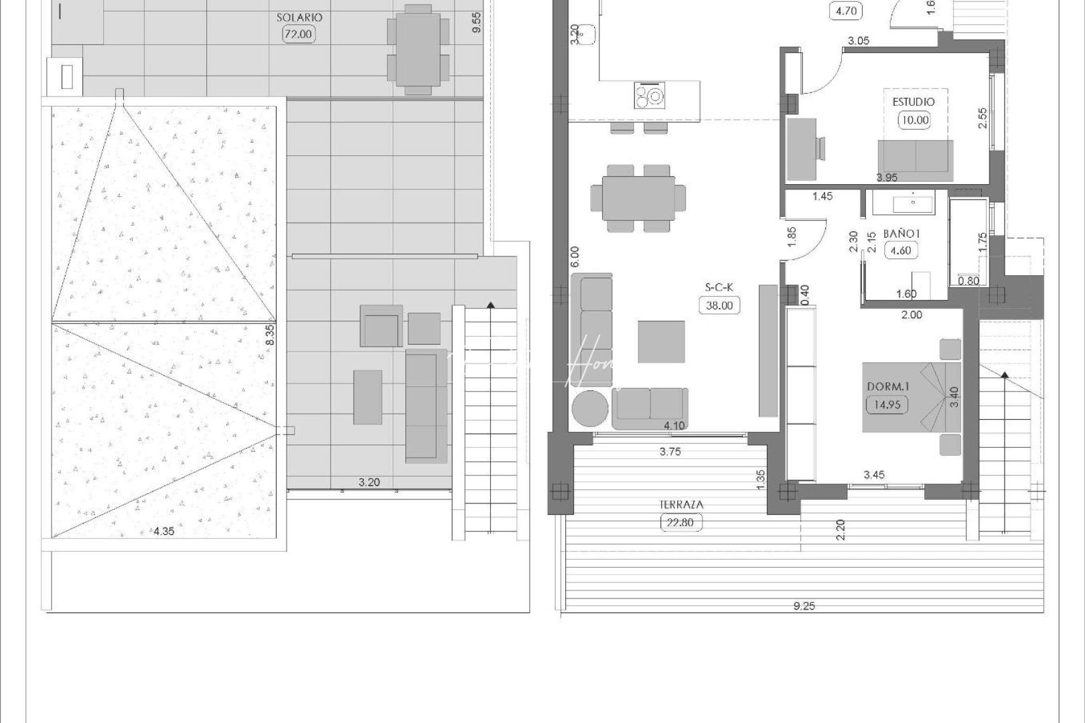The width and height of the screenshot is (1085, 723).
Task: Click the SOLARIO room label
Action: point(299,17)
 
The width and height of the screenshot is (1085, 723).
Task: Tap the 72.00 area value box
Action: point(298,34)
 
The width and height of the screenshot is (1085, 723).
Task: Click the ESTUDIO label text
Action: point(914,102)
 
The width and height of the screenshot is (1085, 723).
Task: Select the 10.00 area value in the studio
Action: point(914,120)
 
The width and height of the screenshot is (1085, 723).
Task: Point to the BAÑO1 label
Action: point(901,234)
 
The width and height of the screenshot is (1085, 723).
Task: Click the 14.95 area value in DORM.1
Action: point(887,404)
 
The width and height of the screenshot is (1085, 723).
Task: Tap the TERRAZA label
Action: point(681,505)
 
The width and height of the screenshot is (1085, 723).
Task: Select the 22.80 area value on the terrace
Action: point(681,523)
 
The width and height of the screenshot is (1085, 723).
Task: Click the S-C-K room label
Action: point(719,287)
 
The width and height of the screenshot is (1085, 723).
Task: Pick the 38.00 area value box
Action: point(719,306)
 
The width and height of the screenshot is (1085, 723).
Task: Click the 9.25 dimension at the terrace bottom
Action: point(804,606)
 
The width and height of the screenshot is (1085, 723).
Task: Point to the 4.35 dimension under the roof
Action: point(164,532)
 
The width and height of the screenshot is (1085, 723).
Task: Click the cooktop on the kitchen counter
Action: point(650,96)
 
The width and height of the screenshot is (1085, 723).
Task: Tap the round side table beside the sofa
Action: point(590,407)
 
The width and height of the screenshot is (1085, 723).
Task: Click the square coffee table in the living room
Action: point(661,341)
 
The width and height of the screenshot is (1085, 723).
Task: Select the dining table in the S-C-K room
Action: point(638,198)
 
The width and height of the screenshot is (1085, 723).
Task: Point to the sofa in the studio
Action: point(916,157)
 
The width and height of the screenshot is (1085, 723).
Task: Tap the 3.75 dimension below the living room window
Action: point(670,452)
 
